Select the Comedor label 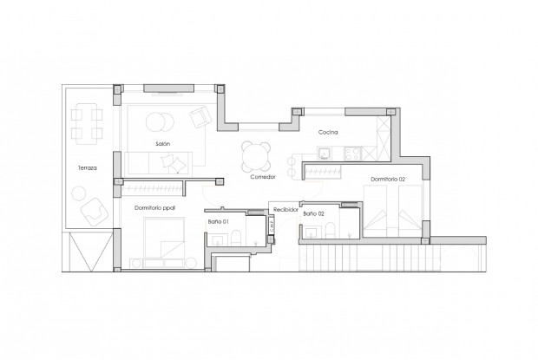(262, 177)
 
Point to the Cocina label (327, 133)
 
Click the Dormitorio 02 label (387, 180)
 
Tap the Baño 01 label (218, 223)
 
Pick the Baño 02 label (313, 213)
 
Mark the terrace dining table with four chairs (83, 123)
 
